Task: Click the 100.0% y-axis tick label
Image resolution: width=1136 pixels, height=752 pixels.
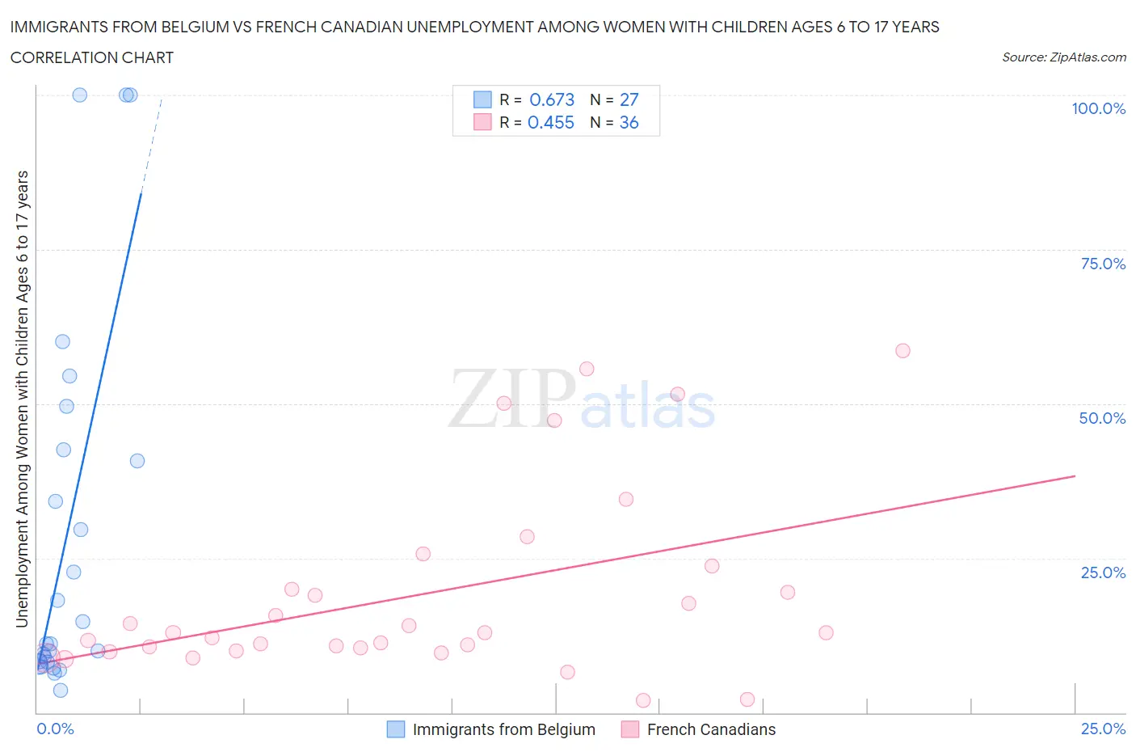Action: (1098, 108)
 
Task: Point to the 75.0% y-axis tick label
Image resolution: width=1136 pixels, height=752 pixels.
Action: (1102, 264)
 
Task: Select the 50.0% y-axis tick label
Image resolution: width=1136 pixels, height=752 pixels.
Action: (1102, 418)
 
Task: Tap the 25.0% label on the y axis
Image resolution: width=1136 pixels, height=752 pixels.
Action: (1102, 572)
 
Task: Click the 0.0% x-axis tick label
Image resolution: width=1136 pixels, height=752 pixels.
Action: (55, 729)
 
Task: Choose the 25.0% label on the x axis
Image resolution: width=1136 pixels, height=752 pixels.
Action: (1102, 729)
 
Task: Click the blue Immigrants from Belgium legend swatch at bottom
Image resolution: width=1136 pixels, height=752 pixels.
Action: (396, 729)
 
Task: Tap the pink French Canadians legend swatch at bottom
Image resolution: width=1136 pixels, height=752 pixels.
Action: (630, 729)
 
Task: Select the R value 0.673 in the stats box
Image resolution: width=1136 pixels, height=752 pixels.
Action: (552, 99)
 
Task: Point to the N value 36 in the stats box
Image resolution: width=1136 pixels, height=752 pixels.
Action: (629, 122)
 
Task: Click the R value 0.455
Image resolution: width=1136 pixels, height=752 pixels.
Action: (551, 122)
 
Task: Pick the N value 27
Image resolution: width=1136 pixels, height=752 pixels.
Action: (629, 99)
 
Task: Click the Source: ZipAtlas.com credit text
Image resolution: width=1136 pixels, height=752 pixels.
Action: (1063, 57)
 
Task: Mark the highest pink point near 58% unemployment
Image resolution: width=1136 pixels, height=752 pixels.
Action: (902, 351)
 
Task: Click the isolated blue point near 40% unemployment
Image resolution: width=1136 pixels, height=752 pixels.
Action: (137, 461)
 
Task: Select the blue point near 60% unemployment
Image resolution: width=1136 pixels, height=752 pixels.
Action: (62, 341)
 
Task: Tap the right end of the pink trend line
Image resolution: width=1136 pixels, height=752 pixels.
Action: (1074, 476)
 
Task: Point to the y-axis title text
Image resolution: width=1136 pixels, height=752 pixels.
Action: (22, 399)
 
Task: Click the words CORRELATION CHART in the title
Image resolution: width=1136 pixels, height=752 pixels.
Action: (92, 57)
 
